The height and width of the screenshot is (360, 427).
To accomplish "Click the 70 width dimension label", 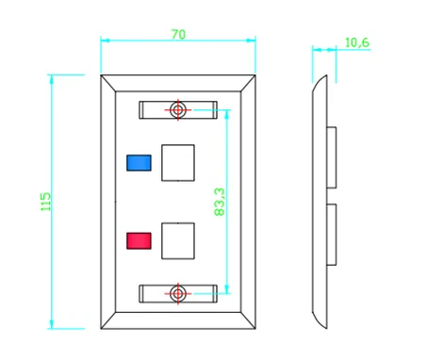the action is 178,34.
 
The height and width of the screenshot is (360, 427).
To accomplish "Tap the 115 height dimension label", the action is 45,202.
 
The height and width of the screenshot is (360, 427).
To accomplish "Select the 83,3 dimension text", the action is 220,202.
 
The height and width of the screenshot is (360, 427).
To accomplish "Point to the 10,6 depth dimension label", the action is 357,42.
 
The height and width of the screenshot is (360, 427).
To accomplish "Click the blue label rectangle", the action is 139,163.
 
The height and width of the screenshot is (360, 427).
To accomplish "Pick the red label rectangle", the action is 139,241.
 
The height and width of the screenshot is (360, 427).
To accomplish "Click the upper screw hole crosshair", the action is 178,110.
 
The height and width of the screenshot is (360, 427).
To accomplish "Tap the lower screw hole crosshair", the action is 178,294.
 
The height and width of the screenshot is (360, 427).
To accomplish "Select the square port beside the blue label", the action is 178,163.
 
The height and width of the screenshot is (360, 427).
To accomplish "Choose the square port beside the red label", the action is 178,241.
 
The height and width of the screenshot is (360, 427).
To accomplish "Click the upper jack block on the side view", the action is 332,157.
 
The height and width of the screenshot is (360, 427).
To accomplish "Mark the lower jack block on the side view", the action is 332,235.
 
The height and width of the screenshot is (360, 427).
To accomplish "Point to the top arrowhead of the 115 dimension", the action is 51,79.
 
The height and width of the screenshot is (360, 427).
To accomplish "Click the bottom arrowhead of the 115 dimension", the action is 51,324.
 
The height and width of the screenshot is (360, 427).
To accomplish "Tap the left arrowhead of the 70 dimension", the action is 106,41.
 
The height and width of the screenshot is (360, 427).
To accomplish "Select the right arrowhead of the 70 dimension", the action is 251,41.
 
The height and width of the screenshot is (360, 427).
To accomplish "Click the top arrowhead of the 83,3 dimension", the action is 227,114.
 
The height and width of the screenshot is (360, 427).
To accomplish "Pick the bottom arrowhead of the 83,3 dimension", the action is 227,289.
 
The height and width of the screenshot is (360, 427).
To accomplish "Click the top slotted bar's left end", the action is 140,110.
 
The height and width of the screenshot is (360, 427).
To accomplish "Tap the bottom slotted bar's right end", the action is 217,294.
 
